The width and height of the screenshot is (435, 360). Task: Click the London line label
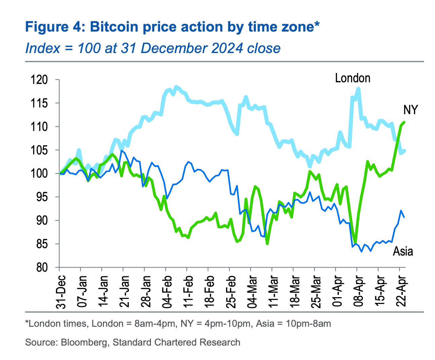click(x=352, y=78)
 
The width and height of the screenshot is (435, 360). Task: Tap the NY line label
click(x=410, y=110)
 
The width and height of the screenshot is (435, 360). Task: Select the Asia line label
click(x=403, y=251)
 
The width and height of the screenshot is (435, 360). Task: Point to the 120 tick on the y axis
click(x=39, y=80)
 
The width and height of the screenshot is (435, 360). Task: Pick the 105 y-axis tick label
click(x=39, y=150)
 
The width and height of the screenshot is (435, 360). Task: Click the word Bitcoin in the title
click(x=114, y=27)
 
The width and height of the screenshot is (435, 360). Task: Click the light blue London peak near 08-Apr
click(x=358, y=89)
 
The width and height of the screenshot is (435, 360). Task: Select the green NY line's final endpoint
click(x=404, y=122)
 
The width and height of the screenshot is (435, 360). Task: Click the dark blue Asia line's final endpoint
click(x=404, y=217)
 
